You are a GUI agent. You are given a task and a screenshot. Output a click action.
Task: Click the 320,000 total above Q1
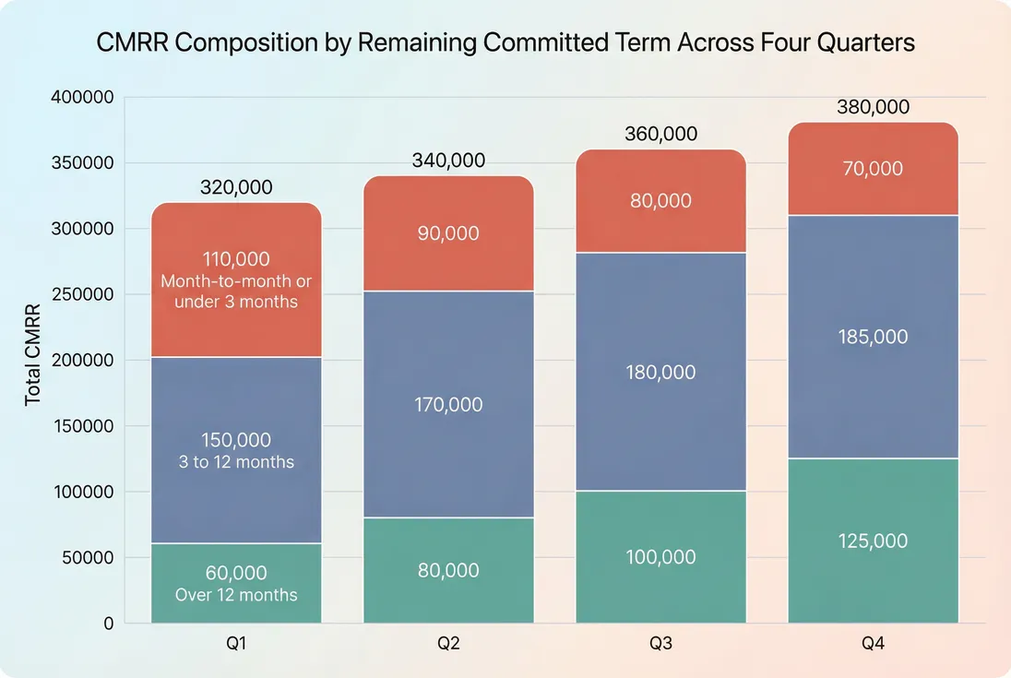[x=236, y=187]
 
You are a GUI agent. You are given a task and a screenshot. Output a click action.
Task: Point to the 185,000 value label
[x=873, y=337]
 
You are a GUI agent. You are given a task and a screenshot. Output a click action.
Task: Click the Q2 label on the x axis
[x=448, y=644]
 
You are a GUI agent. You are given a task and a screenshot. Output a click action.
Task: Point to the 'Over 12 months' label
[x=236, y=595]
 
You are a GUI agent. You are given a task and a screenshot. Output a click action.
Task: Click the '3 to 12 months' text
[x=236, y=461]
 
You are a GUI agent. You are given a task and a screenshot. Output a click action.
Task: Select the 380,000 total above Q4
[x=873, y=107]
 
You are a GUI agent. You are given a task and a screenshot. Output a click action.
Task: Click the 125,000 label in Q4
[x=873, y=541]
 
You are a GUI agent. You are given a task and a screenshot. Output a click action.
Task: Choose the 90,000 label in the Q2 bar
[x=448, y=233]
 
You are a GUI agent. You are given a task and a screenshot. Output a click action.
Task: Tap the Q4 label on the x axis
[x=873, y=644]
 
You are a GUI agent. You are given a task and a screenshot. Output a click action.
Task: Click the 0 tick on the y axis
[x=108, y=624]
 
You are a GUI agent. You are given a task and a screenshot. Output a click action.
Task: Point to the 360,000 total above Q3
[x=660, y=134]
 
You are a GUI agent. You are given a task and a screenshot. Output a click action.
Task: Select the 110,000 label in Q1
[x=236, y=259]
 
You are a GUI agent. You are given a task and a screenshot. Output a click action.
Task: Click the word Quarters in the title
[x=870, y=42]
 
